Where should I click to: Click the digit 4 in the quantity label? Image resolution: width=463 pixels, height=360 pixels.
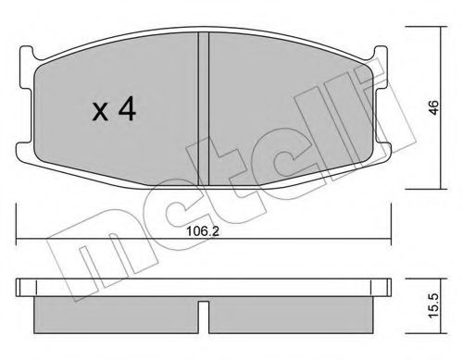click(127, 112)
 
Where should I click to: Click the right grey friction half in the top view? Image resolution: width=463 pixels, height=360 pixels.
click(287, 106)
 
